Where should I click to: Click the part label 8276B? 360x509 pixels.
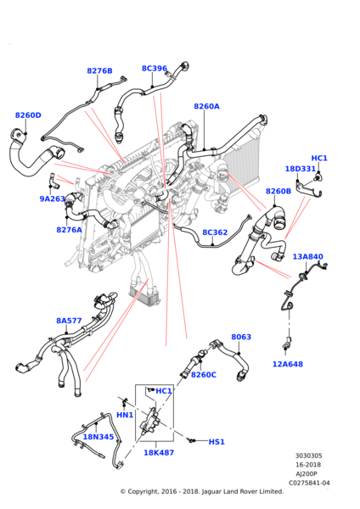click(99, 71)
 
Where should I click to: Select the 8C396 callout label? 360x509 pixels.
click(154, 68)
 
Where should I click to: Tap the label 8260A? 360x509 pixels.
click(206, 107)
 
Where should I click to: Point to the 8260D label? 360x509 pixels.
click(28, 115)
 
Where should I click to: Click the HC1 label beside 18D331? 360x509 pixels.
click(319, 159)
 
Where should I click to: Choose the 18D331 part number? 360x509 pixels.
click(300, 170)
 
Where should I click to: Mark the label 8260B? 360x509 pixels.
click(278, 192)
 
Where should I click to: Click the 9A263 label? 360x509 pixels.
click(52, 199)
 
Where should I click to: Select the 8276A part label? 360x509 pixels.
click(70, 230)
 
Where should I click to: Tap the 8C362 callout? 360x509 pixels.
click(215, 232)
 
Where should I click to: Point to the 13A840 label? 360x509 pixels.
click(307, 257)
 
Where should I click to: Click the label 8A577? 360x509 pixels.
click(69, 322)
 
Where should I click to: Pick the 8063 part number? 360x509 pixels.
click(241, 337)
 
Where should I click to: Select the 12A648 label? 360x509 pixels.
click(287, 365)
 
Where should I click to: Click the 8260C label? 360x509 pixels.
click(203, 375)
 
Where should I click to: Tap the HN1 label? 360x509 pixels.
click(125, 415)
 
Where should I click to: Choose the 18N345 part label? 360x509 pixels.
click(98, 437)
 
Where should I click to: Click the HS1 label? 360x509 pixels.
click(217, 442)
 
